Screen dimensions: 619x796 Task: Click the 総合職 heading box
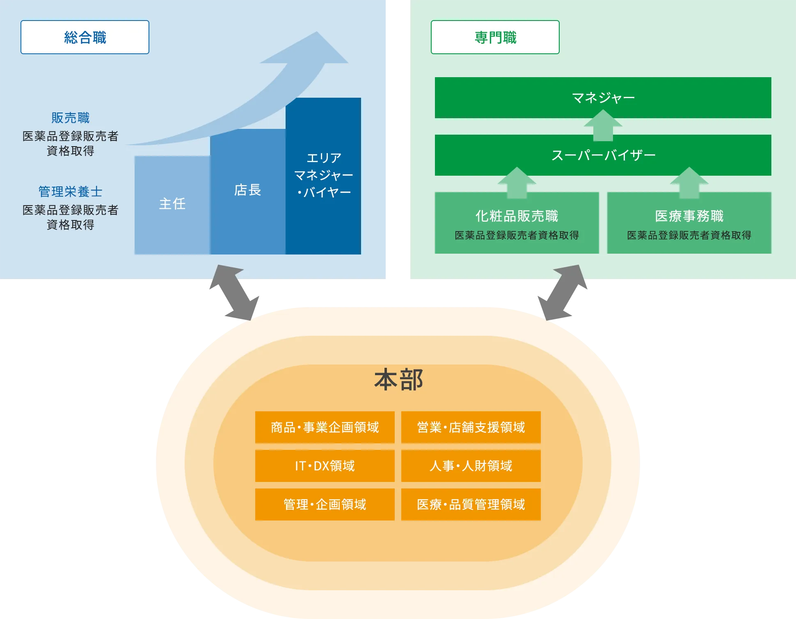(85, 37)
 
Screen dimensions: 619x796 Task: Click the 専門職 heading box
(495, 37)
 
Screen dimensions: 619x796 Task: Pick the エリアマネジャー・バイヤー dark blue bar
(323, 175)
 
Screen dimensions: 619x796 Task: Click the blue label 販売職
(70, 118)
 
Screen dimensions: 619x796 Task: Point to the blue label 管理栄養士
(70, 192)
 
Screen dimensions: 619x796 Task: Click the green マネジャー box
(603, 98)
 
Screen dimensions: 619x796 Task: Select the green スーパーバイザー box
(603, 155)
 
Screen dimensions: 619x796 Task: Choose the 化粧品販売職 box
(517, 223)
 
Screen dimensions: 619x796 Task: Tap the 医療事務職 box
(689, 223)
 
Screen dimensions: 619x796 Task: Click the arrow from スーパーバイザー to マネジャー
(603, 126)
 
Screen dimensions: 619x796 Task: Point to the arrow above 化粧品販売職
(517, 182)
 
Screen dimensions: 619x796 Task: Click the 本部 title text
(398, 380)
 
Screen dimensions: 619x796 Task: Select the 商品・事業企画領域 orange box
(325, 427)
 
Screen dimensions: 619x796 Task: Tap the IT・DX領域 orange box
(325, 466)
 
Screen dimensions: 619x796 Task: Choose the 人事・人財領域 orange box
(471, 466)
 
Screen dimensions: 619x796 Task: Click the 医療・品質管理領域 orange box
(471, 504)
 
